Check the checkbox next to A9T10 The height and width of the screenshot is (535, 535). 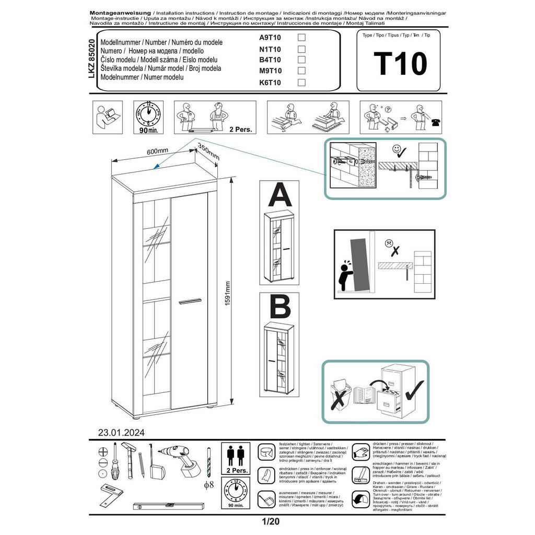(301, 38)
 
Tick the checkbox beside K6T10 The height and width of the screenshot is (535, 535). (301, 83)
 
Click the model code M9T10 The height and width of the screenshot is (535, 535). (270, 71)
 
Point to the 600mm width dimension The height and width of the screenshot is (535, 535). (157, 151)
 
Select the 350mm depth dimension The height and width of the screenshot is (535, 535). (208, 153)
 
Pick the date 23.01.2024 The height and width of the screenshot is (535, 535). (121, 432)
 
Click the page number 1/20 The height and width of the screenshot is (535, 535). (267, 521)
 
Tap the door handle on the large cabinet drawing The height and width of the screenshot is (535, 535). (189, 300)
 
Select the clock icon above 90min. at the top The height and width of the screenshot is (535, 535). (148, 113)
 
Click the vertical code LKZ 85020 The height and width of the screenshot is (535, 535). (92, 59)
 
